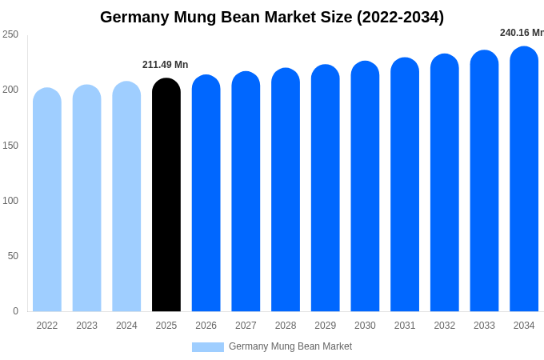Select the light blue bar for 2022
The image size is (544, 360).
pos(47,200)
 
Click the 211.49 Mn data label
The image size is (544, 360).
pos(165,65)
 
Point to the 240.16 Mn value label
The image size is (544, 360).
pos(522,33)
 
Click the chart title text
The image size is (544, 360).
pos(272,17)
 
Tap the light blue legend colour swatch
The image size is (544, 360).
pos(208,347)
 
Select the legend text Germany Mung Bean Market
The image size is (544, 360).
pos(290,346)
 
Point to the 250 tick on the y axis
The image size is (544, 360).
pos(10,34)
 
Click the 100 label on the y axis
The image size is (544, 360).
pos(10,201)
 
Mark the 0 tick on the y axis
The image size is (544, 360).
pos(15,311)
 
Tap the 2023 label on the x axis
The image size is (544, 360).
pos(86,326)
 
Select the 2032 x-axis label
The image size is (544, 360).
pos(444,326)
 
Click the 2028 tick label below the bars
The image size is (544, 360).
pos(286,326)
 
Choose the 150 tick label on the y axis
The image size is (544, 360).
pos(10,146)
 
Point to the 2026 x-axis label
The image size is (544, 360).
pos(206,326)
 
